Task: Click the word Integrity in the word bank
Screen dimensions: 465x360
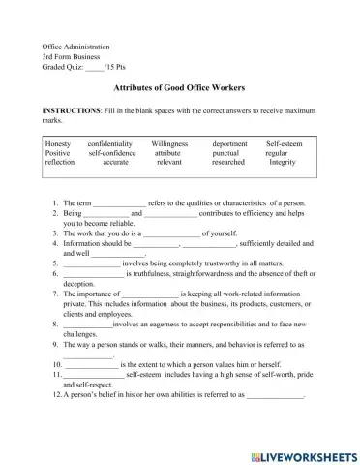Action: (283, 163)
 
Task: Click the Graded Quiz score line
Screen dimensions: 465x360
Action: (79, 67)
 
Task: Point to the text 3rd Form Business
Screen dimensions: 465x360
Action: (72, 57)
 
